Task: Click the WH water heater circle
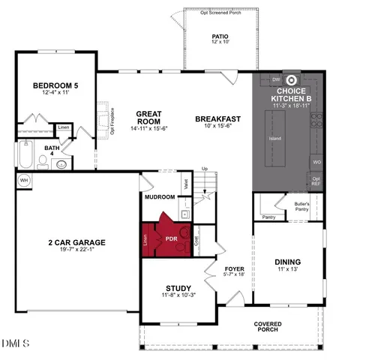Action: [x=24, y=180]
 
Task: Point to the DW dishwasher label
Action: [x=275, y=79]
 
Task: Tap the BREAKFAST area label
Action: [x=217, y=118]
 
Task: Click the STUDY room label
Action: [x=178, y=288]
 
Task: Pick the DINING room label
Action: [x=288, y=262]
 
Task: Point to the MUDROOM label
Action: [x=160, y=197]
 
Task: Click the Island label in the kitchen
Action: [x=274, y=139]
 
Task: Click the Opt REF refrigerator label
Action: [x=316, y=180]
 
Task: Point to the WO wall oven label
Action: [x=316, y=162]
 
